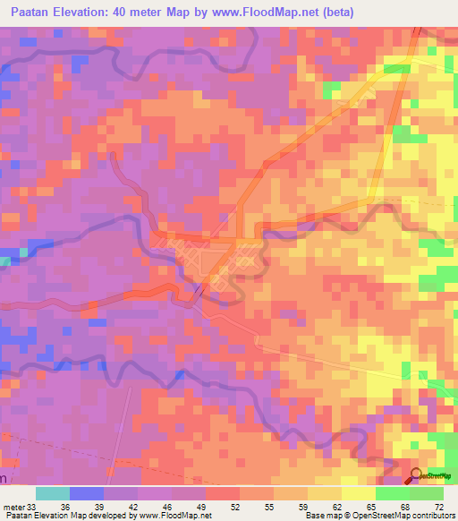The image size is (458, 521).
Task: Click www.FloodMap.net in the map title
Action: click(267, 13)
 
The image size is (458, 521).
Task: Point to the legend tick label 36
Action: click(65, 507)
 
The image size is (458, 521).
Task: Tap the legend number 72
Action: click(437, 507)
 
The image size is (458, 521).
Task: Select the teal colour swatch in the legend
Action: click(53, 493)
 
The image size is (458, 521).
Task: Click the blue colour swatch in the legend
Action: click(87, 493)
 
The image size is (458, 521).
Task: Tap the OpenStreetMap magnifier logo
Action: click(416, 476)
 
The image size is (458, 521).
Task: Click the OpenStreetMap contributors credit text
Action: click(405, 517)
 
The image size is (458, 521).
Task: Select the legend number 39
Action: click(99, 507)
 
